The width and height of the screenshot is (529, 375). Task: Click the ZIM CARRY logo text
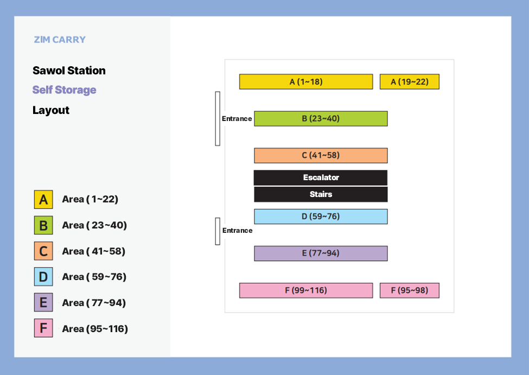(x=60, y=40)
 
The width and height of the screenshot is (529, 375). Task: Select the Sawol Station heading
(x=69, y=71)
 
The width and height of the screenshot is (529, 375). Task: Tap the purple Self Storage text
(x=65, y=90)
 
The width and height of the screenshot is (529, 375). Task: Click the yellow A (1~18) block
(x=306, y=82)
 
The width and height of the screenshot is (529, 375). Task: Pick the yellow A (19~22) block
(x=410, y=82)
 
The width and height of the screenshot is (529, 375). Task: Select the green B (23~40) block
(x=321, y=118)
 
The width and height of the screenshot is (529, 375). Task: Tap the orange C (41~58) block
(x=321, y=155)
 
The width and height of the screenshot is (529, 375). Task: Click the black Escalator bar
(x=321, y=177)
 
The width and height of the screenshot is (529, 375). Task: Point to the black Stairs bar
(x=321, y=194)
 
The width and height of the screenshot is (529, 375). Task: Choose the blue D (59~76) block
(x=321, y=217)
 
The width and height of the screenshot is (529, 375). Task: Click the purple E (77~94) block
(x=321, y=253)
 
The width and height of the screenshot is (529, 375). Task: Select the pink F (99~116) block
(x=306, y=290)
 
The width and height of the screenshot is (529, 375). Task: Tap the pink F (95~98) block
(x=410, y=290)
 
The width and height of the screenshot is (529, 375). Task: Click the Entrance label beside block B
(x=237, y=119)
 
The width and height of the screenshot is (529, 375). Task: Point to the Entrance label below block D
(x=238, y=231)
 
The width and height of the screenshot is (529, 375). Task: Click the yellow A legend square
(x=43, y=200)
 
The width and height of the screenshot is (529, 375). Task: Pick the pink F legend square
(x=43, y=328)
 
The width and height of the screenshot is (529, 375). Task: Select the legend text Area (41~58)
(x=94, y=251)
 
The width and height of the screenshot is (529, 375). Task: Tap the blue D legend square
(x=43, y=277)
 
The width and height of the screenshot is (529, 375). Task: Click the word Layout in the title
(x=51, y=110)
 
